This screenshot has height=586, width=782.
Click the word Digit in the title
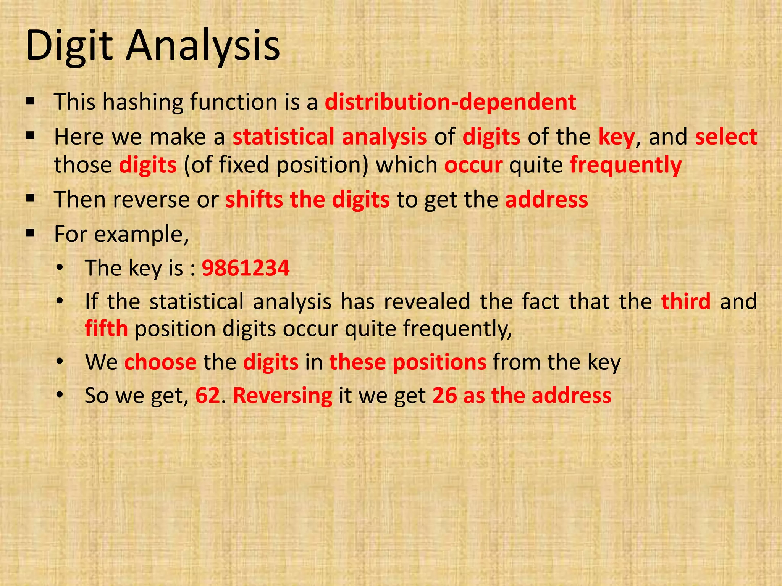point(69,47)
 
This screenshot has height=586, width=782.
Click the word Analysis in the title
point(203,47)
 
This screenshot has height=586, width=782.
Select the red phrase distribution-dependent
point(450,102)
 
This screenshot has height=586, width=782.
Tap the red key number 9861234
point(246,268)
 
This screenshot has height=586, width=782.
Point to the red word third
point(686,301)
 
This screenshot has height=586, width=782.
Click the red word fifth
point(106,328)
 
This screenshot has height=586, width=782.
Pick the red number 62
point(208,395)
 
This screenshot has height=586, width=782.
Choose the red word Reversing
point(282,396)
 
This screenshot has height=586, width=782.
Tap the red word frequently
point(625,165)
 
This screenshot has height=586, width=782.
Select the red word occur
point(473,165)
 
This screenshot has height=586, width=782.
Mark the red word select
point(726,137)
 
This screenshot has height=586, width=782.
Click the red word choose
point(160,362)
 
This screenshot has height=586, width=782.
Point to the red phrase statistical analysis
point(330,137)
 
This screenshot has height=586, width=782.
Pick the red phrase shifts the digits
point(307,200)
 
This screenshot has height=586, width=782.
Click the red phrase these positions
point(408,362)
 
